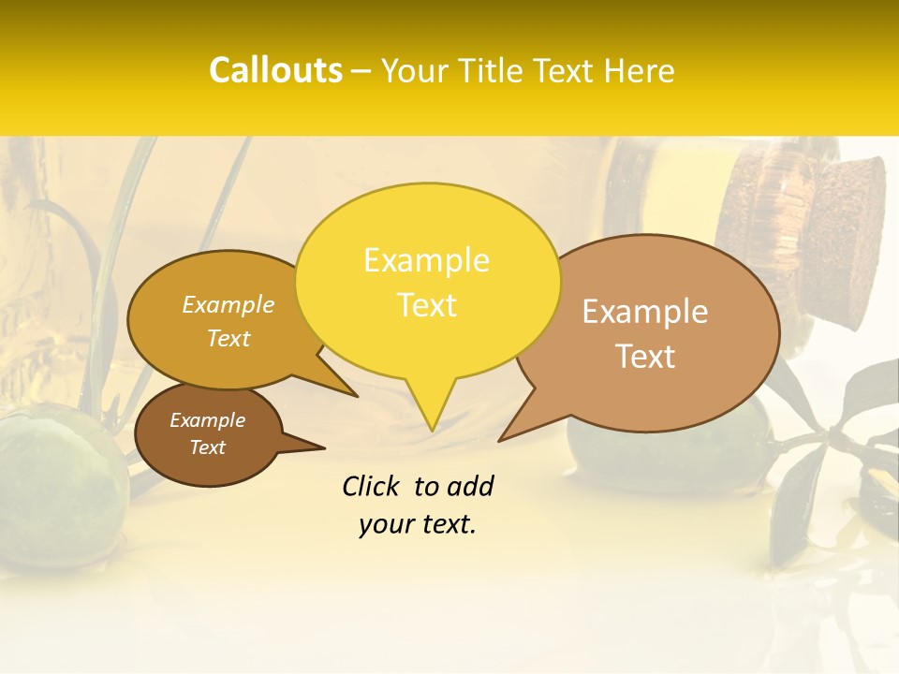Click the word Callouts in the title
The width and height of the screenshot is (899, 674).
[275, 70]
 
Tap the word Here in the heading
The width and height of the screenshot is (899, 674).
[639, 70]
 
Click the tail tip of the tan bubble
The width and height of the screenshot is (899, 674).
[501, 439]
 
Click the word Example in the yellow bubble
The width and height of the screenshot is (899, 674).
[426, 260]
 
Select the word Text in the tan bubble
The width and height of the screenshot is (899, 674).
[646, 357]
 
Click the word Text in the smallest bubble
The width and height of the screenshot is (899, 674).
[208, 447]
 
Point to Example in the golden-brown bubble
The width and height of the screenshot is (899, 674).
[228, 305]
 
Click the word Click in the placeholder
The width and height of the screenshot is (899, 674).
[372, 486]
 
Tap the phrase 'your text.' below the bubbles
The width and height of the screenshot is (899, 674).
[418, 524]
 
